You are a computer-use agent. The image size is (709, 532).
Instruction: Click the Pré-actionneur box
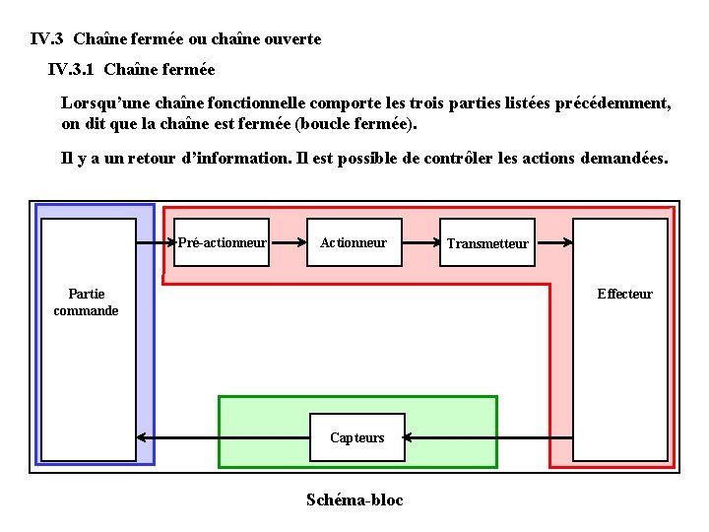(x=222, y=242)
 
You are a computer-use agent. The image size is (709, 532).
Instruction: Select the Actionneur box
(x=354, y=242)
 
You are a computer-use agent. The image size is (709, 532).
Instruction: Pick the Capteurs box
(x=357, y=437)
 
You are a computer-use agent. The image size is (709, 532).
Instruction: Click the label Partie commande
(x=87, y=301)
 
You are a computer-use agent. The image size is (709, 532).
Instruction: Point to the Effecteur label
(x=624, y=294)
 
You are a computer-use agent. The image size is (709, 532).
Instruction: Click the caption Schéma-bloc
(x=354, y=499)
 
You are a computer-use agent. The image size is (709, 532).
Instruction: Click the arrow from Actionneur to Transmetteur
(x=420, y=242)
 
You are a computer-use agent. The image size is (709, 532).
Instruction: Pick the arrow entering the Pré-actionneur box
(x=156, y=242)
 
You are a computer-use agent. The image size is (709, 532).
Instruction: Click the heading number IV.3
(x=47, y=39)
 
